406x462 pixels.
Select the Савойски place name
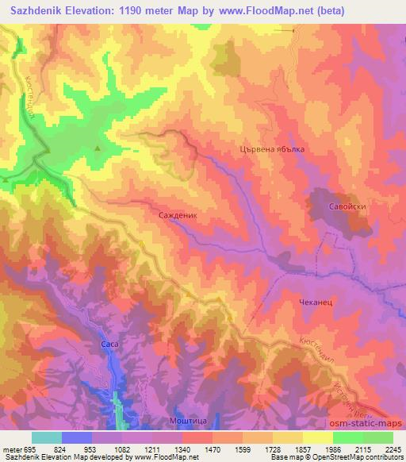pos(347,206)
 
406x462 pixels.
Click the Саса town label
pos(109,345)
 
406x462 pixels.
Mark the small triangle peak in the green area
pos(98,148)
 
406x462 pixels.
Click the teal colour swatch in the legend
pos(47,437)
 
